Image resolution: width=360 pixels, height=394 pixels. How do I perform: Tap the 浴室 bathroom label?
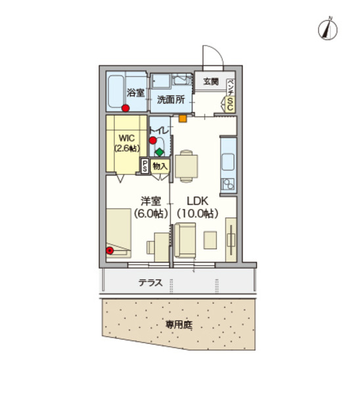pyautogui.click(x=136, y=93)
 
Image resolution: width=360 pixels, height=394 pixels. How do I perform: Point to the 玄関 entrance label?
pyautogui.click(x=210, y=82)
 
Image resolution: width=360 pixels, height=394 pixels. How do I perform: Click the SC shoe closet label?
pyautogui.click(x=231, y=102)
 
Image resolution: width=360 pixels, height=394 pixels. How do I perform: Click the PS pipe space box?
pyautogui.click(x=144, y=167)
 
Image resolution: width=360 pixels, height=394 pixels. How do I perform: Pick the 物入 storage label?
pyautogui.click(x=160, y=167)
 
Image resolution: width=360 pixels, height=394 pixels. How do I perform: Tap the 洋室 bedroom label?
pyautogui.click(x=151, y=202)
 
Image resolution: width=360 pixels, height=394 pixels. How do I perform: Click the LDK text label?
pyautogui.click(x=198, y=202)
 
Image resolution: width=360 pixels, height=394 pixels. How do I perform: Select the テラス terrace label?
pyautogui.click(x=151, y=284)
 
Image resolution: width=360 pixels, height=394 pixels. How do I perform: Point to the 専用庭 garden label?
pyautogui.click(x=178, y=324)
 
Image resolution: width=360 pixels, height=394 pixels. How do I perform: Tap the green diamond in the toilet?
pyautogui.click(x=159, y=152)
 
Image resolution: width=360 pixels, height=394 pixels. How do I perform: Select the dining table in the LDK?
pyautogui.click(x=186, y=166)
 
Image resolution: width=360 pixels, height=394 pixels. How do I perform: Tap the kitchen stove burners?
pyautogui.click(x=228, y=184)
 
